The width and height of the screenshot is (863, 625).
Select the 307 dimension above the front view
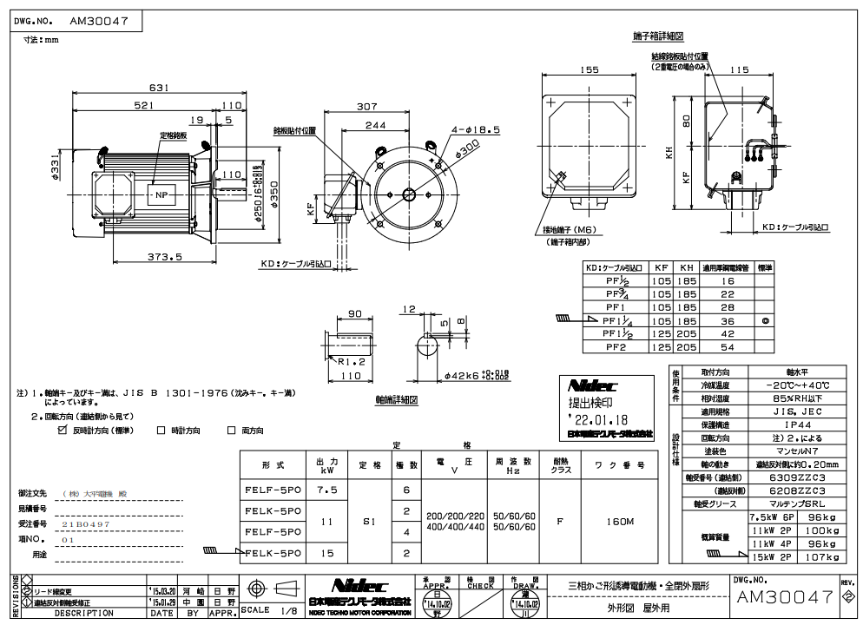(x=367, y=106)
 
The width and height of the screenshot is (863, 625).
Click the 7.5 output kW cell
(x=326, y=490)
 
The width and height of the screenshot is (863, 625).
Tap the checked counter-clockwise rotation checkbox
(x=62, y=429)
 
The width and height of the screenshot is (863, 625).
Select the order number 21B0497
(x=86, y=524)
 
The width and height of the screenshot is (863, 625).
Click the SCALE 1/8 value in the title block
(x=271, y=612)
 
